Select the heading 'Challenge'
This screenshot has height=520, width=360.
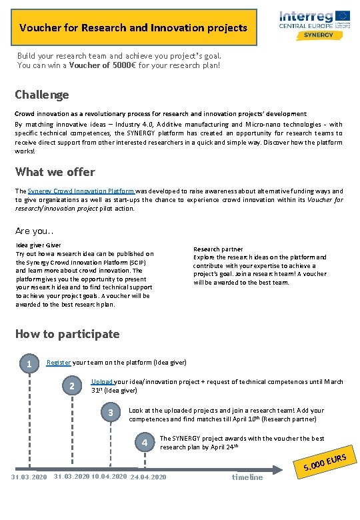(x=42, y=95)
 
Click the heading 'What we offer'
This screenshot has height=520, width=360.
(x=55, y=172)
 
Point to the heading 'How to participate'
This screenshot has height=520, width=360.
(x=67, y=334)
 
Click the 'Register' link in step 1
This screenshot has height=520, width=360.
(x=59, y=362)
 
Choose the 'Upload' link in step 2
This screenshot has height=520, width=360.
(x=102, y=382)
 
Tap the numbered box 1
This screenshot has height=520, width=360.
(x=28, y=364)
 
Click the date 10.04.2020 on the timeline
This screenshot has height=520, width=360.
(x=107, y=477)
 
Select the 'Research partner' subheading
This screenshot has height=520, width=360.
(x=218, y=249)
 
